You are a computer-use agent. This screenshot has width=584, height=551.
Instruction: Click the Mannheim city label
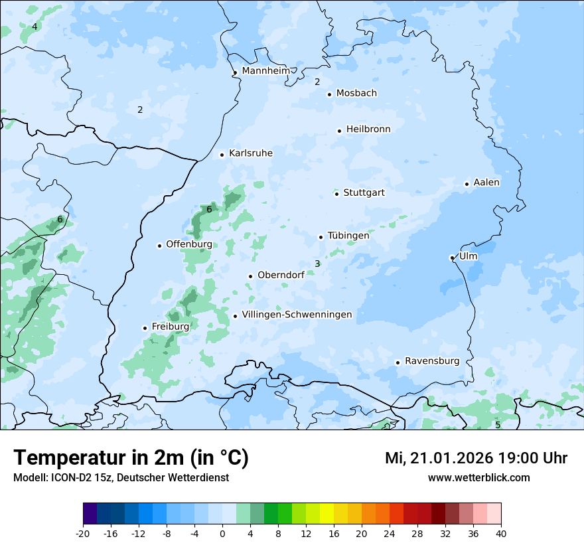pos(265,70)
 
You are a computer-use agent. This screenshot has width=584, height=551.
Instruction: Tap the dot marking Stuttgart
pos(337,194)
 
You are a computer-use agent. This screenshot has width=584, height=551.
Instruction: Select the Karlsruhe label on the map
pos(251,153)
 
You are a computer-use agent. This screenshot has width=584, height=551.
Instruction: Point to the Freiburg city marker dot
pos(145,328)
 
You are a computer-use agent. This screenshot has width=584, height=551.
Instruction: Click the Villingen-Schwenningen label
pos(297,315)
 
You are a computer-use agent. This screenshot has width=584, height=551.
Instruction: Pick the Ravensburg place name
pos(432,361)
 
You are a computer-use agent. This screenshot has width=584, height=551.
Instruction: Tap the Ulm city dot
pos(452,258)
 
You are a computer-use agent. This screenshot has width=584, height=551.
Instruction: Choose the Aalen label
pos(486,183)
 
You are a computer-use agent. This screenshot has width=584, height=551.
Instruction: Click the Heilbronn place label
pos(368,129)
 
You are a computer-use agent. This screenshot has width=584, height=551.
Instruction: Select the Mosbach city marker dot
pos(329,94)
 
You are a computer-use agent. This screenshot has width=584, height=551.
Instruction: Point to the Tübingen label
pos(348,236)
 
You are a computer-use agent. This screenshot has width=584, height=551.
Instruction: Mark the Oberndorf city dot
pos(250,276)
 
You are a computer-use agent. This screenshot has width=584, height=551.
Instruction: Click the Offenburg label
pos(189,244)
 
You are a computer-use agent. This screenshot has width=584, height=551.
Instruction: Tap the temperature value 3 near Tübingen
pos(317,264)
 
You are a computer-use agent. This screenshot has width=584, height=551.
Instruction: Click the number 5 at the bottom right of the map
pos(498,425)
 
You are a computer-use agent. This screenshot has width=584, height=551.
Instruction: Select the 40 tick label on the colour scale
pos(501,533)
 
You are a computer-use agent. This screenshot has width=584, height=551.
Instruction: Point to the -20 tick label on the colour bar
pos(82,533)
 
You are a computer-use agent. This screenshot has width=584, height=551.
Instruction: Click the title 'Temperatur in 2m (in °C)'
pos(131,458)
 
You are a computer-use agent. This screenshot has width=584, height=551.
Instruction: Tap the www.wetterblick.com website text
pos(479,477)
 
